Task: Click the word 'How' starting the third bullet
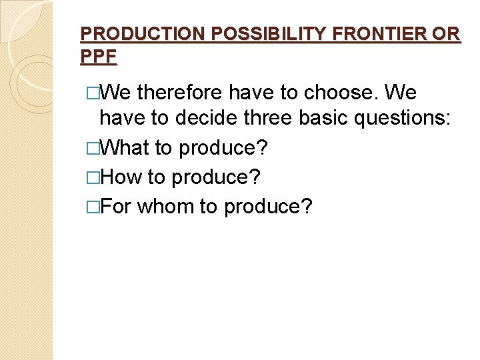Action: coord(120,177)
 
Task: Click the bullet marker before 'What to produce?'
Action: coord(93,148)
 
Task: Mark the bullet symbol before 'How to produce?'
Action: coord(93,177)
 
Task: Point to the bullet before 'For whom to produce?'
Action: coord(93,207)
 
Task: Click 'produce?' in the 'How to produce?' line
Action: coord(216,178)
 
